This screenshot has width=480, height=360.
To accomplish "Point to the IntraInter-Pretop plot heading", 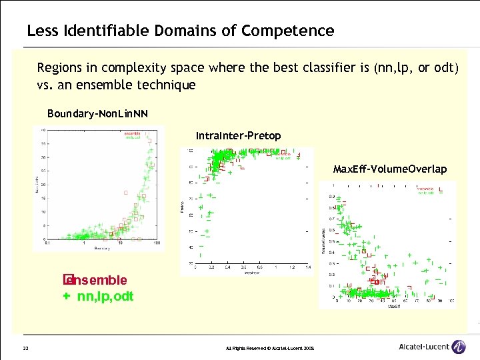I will pyautogui.click(x=238, y=136).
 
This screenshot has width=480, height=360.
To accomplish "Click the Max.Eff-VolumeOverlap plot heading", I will pyautogui.click(x=390, y=169).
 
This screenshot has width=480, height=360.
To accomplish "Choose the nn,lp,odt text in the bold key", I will pyautogui.click(x=105, y=296).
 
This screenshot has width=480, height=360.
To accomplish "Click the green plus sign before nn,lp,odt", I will pyautogui.click(x=67, y=296).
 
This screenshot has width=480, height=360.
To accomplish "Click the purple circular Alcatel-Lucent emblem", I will pyautogui.click(x=458, y=347).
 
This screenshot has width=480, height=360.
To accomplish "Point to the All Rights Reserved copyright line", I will pyautogui.click(x=271, y=349).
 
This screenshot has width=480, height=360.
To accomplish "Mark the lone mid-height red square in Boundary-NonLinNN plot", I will pyautogui.click(x=125, y=192).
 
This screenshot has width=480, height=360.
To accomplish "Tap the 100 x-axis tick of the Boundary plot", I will pyautogui.click(x=156, y=243).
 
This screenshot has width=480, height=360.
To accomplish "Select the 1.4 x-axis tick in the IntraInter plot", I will pyautogui.click(x=307, y=268).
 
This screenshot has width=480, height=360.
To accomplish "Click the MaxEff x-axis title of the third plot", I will pyautogui.click(x=394, y=307).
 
